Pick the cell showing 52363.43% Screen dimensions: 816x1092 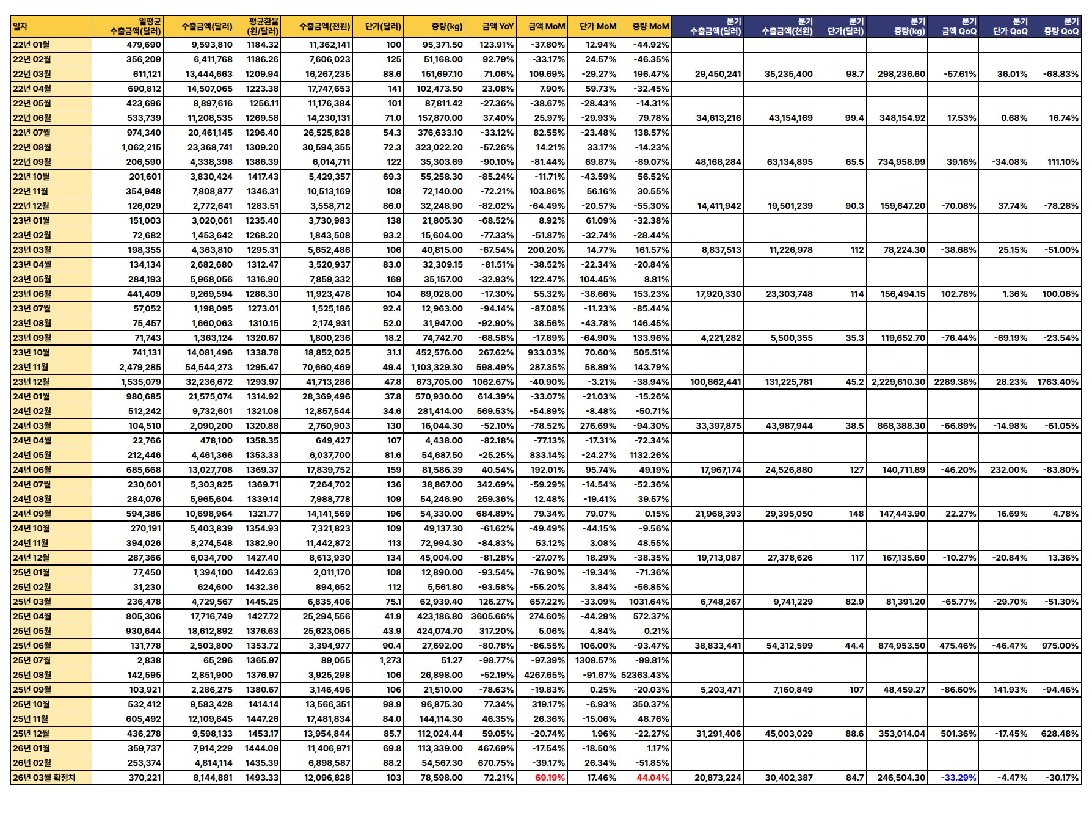[645, 675]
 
